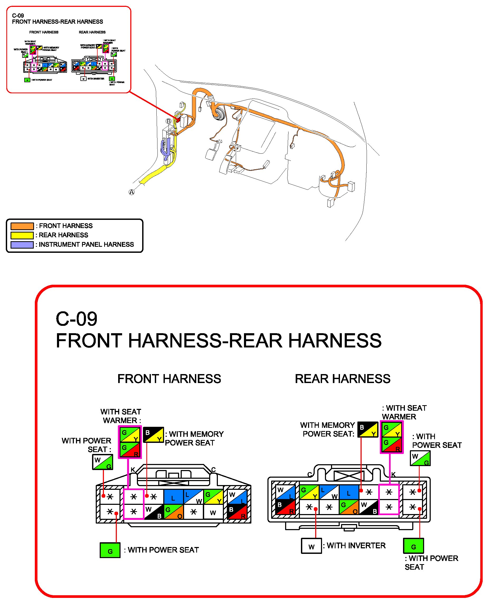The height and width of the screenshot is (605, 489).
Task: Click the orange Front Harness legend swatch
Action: tap(22, 226)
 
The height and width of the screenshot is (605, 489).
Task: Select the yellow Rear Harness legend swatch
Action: tap(22, 235)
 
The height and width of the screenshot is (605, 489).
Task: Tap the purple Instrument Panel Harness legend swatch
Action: tap(22, 245)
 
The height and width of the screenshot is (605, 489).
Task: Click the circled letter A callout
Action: tap(132, 192)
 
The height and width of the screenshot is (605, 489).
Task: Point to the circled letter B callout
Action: tap(169, 121)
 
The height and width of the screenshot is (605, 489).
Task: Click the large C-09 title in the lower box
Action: tap(76, 319)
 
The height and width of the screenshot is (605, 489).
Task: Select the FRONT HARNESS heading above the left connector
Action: tap(169, 379)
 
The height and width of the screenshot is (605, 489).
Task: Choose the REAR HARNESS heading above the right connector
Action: tap(343, 379)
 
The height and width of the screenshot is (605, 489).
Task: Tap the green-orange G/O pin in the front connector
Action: tap(174, 512)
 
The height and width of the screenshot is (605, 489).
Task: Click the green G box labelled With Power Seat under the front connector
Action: tap(110, 550)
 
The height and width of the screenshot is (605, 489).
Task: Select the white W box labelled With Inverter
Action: tap(311, 546)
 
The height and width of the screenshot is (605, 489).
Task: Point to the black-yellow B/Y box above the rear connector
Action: tap(368, 429)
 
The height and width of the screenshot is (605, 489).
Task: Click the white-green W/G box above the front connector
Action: tap(103, 462)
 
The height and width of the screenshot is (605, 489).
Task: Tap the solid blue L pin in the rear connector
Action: tap(348, 492)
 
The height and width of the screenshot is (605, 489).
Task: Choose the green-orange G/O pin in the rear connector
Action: tap(349, 507)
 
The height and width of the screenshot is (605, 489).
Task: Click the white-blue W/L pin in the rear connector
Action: tap(285, 492)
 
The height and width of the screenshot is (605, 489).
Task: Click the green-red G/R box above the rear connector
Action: tap(391, 444)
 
